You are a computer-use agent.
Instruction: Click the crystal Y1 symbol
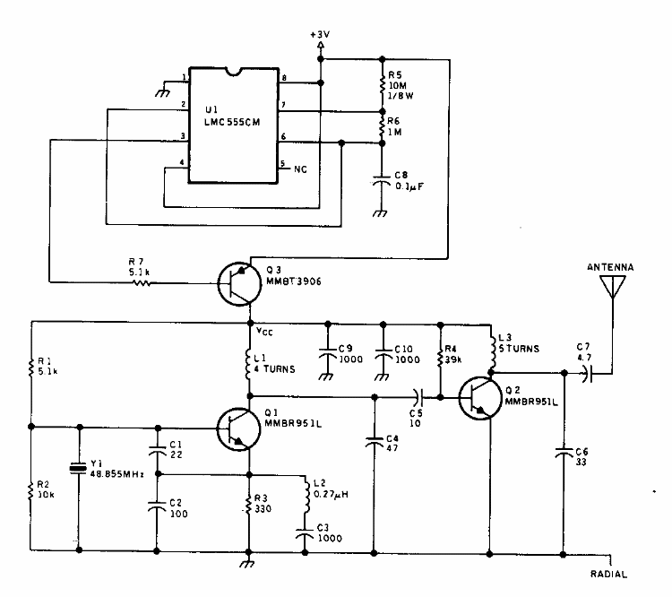click(x=79, y=467)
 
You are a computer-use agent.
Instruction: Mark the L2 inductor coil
click(x=306, y=495)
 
